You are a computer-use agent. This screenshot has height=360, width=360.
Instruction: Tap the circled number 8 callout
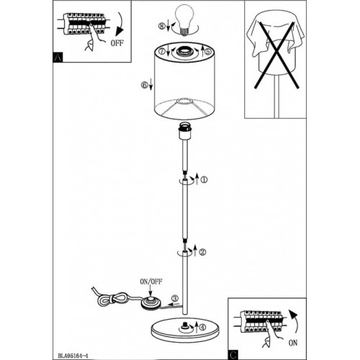click(x=162, y=26)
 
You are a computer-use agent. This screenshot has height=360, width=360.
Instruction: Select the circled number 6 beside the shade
click(x=145, y=85)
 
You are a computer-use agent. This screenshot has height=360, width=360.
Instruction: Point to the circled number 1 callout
click(x=204, y=179)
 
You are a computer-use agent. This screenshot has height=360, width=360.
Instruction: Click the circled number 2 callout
click(x=202, y=252)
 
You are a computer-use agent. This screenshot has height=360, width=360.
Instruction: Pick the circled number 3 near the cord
click(x=175, y=299)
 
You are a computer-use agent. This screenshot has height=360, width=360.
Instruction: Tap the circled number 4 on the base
click(x=203, y=328)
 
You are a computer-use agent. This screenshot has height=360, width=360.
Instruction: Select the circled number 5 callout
click(x=208, y=51)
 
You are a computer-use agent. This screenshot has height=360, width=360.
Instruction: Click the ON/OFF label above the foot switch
click(x=151, y=282)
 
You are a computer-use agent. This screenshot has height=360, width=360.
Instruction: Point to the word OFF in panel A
click(x=117, y=43)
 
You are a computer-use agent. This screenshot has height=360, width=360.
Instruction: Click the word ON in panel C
click(x=293, y=343)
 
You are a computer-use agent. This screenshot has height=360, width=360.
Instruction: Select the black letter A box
click(x=58, y=58)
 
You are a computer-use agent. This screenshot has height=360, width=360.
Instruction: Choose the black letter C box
click(x=233, y=355)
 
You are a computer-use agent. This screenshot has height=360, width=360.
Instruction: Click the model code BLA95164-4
click(x=73, y=356)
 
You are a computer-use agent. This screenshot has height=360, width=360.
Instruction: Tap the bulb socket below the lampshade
click(x=184, y=132)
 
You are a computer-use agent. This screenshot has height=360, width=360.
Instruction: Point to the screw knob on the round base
click(x=185, y=325)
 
